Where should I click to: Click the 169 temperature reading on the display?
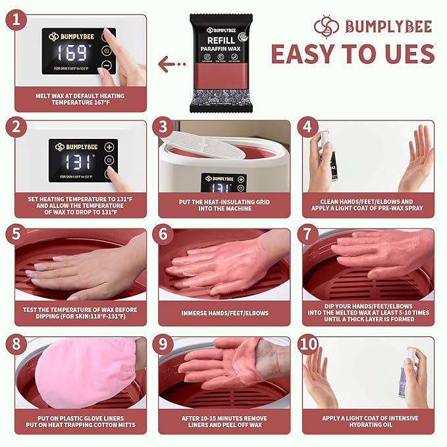click(x=74, y=53)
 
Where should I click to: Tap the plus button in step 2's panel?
click(x=109, y=147)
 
